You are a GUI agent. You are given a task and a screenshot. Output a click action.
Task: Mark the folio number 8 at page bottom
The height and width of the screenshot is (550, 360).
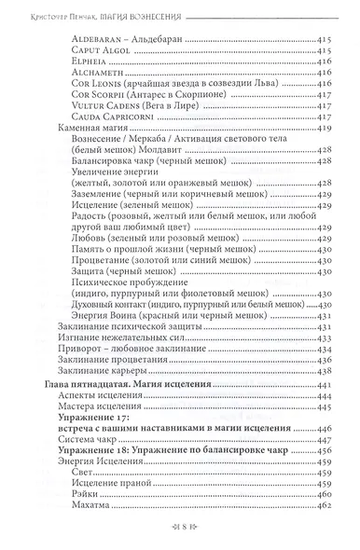[181, 537]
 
